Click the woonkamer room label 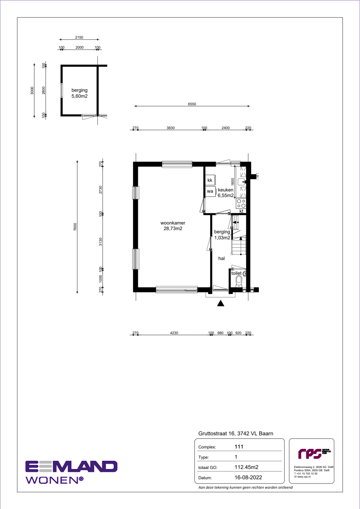(173, 223)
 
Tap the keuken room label (226, 190)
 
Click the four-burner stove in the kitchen (241, 203)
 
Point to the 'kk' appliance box (210, 180)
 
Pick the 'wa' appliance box (210, 191)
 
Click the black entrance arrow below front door (221, 303)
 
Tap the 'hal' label (221, 258)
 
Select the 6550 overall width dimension (192, 104)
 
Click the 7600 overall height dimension (75, 227)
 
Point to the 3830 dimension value (171, 128)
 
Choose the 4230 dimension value (174, 333)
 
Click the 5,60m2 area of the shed (80, 96)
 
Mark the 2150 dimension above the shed (79, 37)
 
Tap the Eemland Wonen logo (71, 472)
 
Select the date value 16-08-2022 (248, 477)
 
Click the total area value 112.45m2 (247, 467)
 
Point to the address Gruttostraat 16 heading (236, 433)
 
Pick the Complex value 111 (239, 446)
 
